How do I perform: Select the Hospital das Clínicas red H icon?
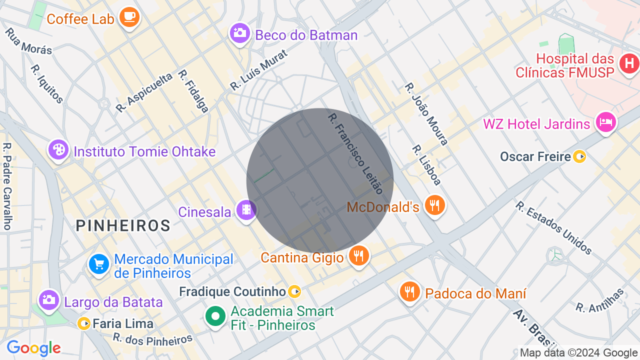click(x=628, y=63)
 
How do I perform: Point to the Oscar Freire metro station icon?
click(x=579, y=157)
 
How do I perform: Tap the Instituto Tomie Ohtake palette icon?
click(x=58, y=149)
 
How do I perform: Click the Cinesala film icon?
click(x=246, y=210)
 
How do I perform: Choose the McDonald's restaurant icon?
click(x=434, y=205)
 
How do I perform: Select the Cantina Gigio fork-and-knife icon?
click(x=358, y=256)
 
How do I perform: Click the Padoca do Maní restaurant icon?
click(x=409, y=292)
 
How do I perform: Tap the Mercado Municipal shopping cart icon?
click(x=98, y=264)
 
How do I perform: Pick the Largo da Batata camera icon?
click(x=49, y=300)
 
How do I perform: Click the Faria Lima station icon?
click(x=84, y=324)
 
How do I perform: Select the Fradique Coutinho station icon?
click(x=295, y=291)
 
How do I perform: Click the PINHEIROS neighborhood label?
click(x=123, y=225)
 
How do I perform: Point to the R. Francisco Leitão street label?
click(x=355, y=153)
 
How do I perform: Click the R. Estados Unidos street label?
click(x=554, y=228)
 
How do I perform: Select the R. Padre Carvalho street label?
click(x=6, y=186)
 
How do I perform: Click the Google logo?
click(x=33, y=348)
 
